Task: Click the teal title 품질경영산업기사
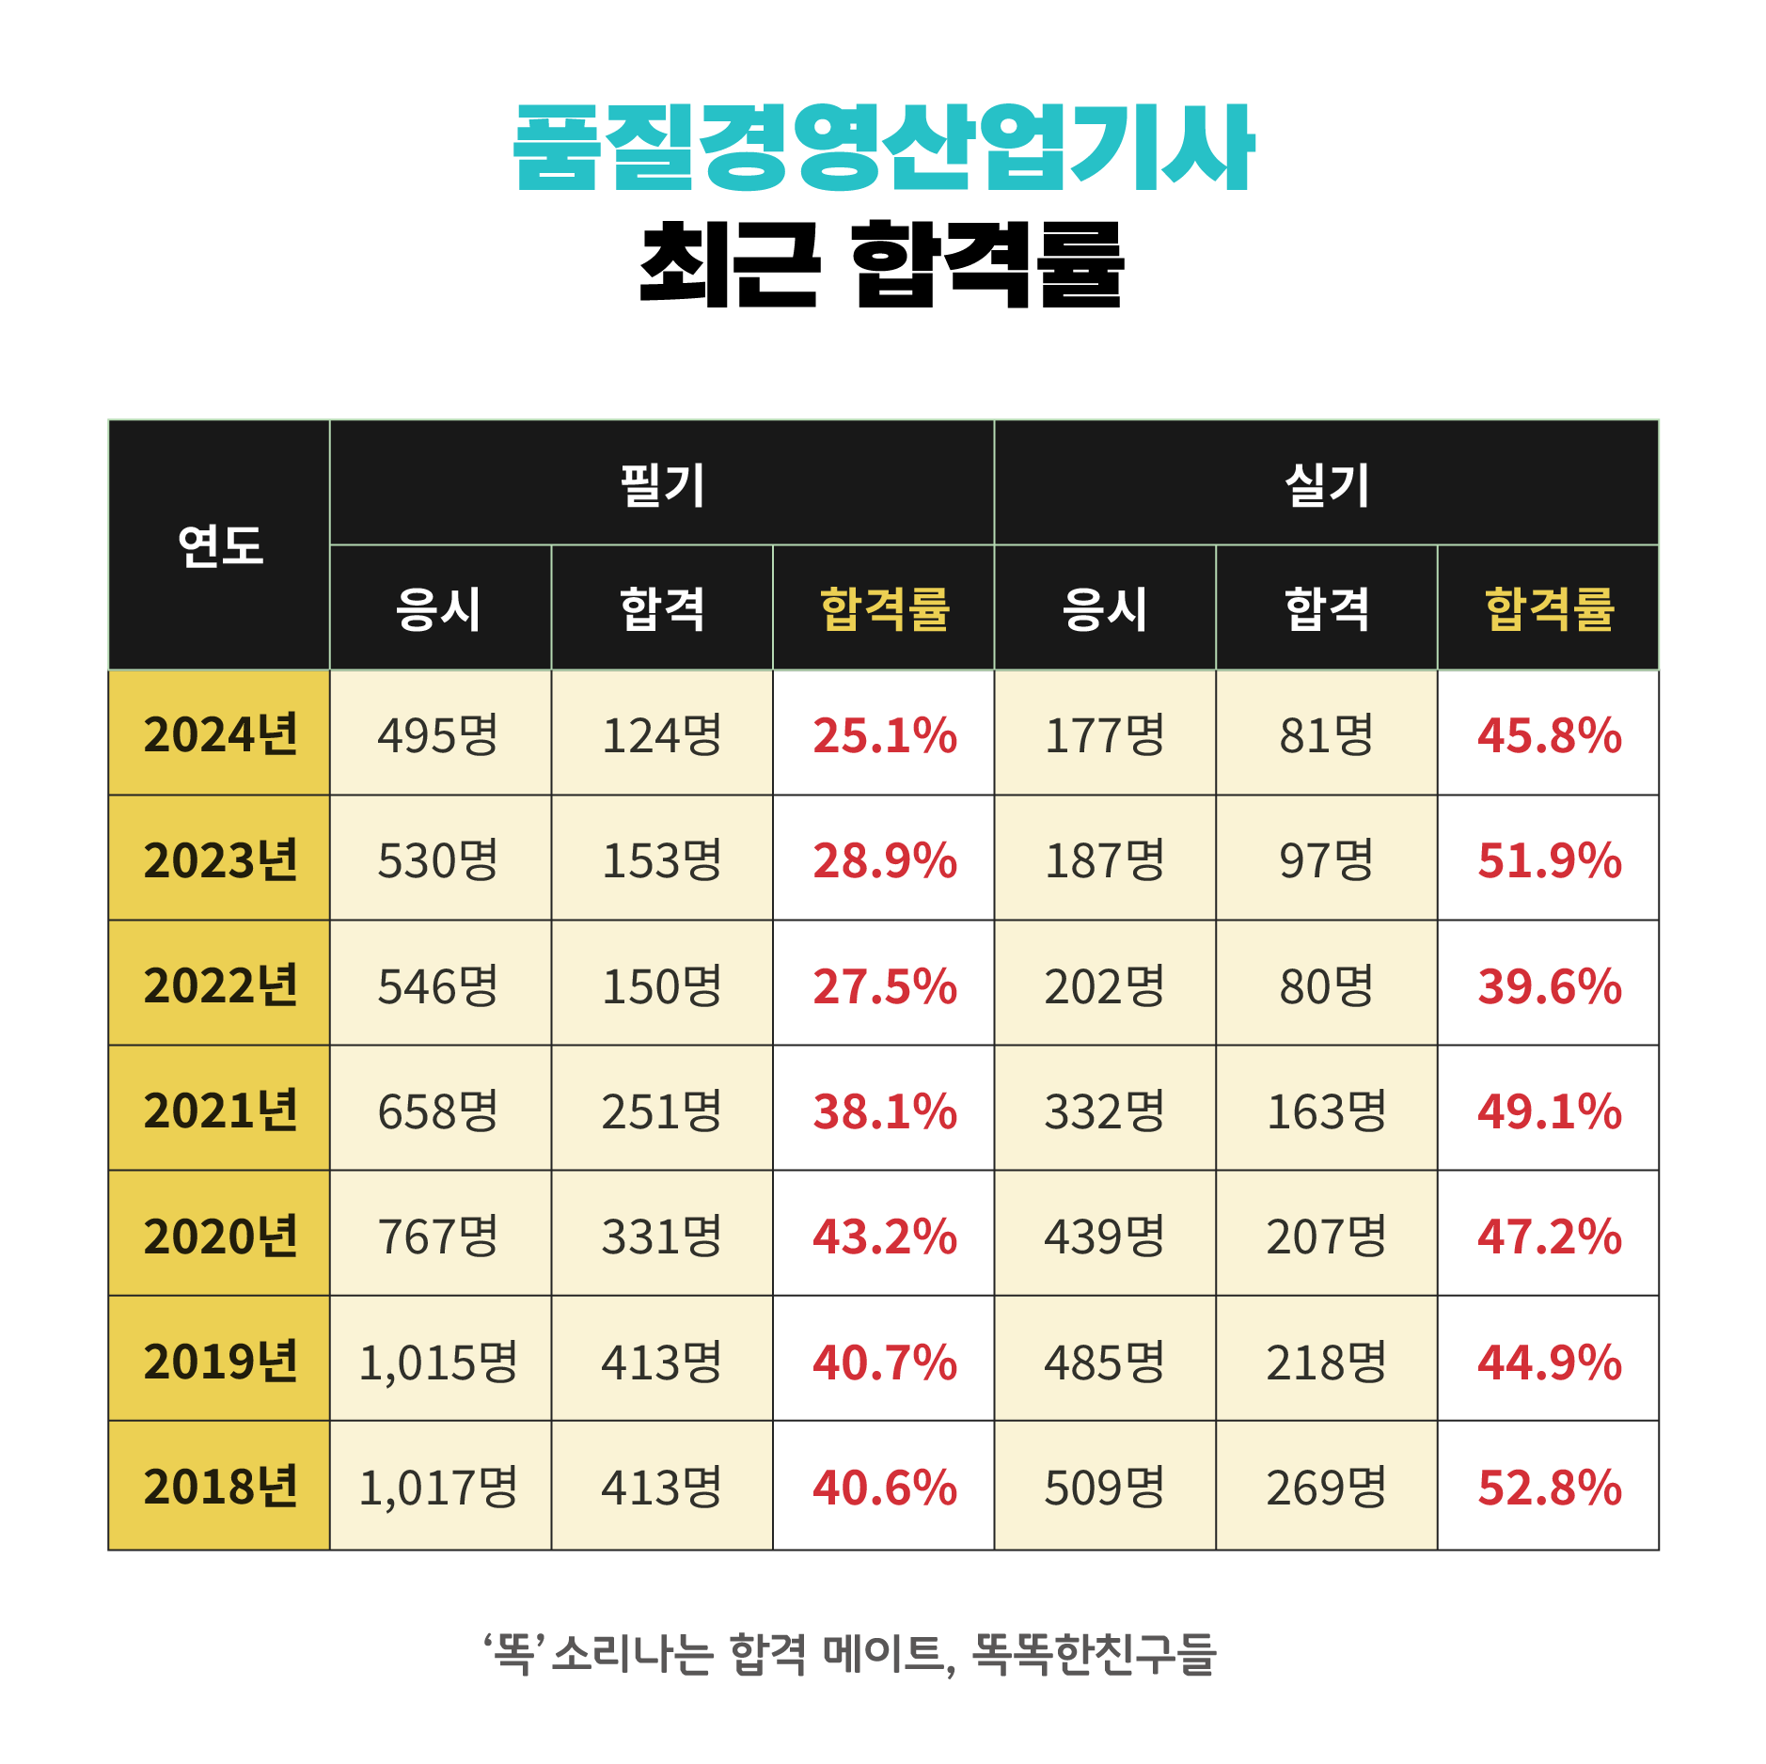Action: click(x=883, y=148)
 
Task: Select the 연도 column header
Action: click(x=220, y=545)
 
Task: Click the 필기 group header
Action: click(x=662, y=484)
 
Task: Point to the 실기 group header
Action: click(x=1327, y=484)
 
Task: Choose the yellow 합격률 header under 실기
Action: click(x=1549, y=608)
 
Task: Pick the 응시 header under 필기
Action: click(x=439, y=608)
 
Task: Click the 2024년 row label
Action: click(x=220, y=734)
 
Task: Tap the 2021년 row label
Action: click(x=220, y=1110)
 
